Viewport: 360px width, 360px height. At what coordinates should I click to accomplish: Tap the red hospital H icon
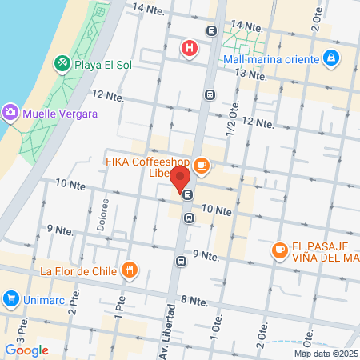[x=190, y=49]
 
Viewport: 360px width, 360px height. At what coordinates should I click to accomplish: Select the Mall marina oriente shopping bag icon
[x=330, y=58]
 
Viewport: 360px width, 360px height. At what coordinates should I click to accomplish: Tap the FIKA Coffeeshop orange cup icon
[x=201, y=166]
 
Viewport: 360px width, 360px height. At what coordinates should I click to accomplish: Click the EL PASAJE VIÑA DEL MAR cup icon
[x=279, y=251]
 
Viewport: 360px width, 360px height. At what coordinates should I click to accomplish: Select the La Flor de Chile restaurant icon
[x=129, y=270]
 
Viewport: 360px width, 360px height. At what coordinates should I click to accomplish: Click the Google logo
[x=26, y=350]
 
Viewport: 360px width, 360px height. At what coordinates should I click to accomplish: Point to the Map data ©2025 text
[x=326, y=354]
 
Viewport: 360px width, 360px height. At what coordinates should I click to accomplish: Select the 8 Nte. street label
[x=194, y=301]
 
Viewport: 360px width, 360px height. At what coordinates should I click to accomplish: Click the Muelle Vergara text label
[x=61, y=114]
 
